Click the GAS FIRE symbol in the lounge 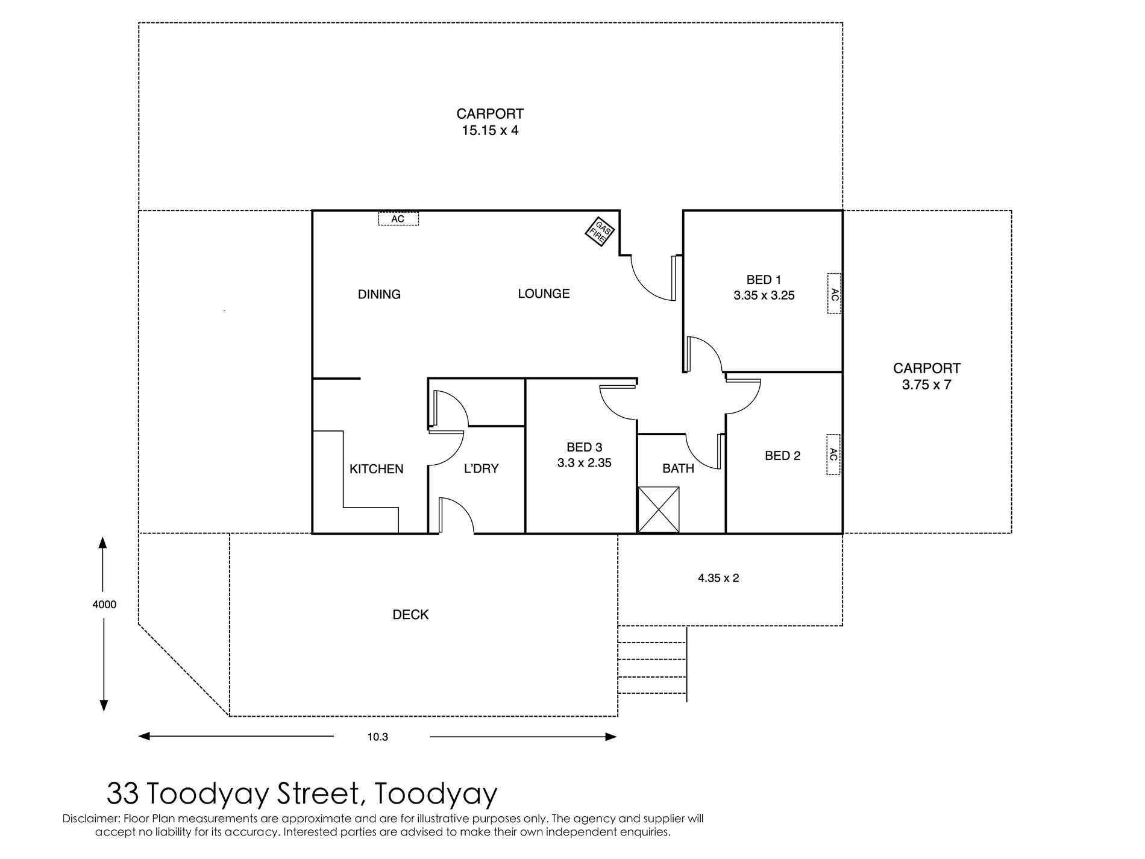coord(600,231)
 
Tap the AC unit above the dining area coord(398,218)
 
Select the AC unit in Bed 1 coord(833,294)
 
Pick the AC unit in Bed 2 coord(833,455)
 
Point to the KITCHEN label coord(377,469)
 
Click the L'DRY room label coord(482,468)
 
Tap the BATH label coord(679,468)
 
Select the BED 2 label coord(783,456)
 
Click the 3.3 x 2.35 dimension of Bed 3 coord(585,463)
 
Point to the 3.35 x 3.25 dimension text coord(764,295)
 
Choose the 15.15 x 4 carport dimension coord(490,130)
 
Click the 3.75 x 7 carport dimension coord(927,385)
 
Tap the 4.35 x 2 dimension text coord(718,578)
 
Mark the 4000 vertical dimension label coord(104,605)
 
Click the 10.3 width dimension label coord(378,737)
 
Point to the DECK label coord(411,615)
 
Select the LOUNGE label coord(544,294)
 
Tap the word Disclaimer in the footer coord(91,819)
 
